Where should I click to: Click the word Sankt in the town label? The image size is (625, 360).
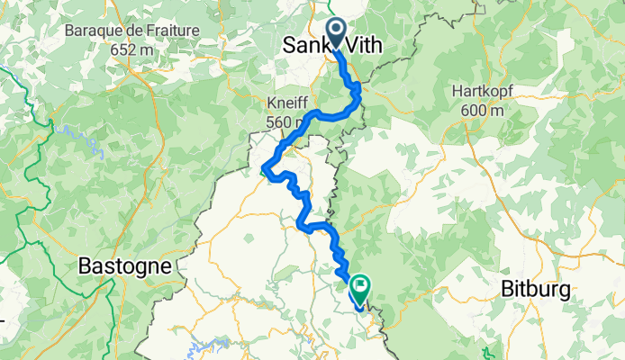(x=307, y=45)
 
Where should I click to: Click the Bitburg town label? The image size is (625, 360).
(x=536, y=290)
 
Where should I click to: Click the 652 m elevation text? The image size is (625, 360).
(x=125, y=50)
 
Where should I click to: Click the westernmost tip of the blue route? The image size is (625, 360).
(x=263, y=168)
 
